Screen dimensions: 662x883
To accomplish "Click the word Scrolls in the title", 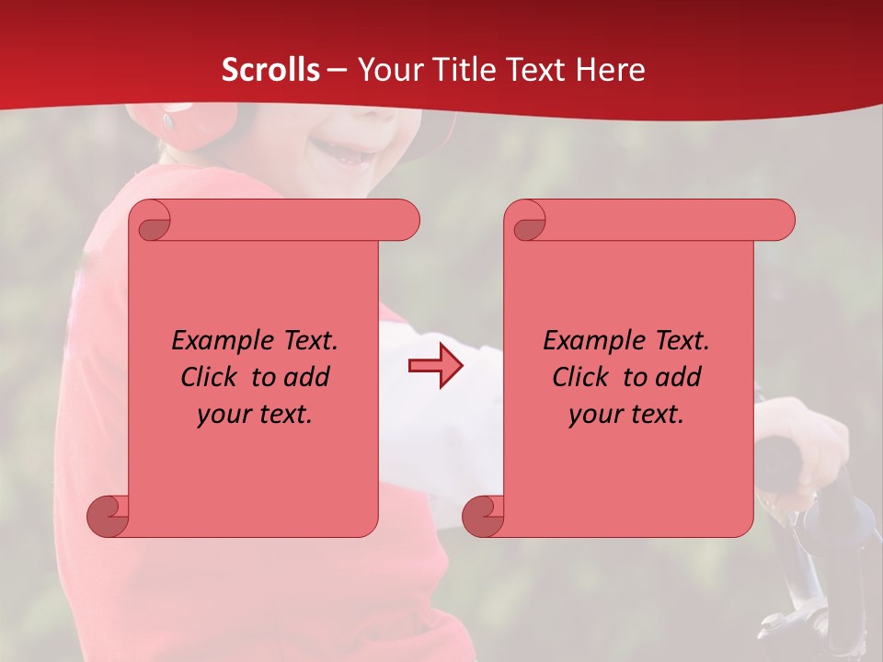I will (x=270, y=70).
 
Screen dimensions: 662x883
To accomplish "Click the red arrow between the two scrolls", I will (x=435, y=366).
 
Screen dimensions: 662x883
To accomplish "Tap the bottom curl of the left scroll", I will (x=107, y=516).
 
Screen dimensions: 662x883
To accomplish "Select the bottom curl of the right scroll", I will (x=483, y=516).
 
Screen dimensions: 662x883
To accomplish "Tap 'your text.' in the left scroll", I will (x=255, y=414).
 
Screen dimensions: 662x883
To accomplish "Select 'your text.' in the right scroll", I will (x=626, y=414).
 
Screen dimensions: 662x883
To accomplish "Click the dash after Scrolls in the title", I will (x=338, y=70).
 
